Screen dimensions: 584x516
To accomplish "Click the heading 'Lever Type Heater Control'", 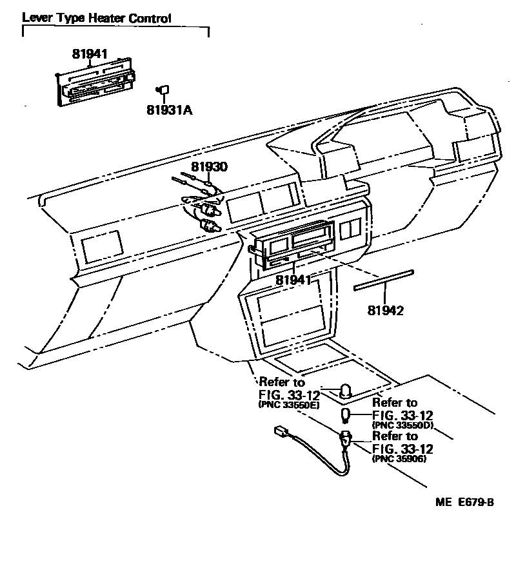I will coord(97,18).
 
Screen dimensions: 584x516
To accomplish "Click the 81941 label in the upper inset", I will coord(90,55).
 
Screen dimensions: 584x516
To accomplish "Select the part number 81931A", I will coord(169,110).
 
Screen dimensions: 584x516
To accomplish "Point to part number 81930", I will coord(209,167).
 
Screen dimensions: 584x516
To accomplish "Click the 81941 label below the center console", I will coord(293,280).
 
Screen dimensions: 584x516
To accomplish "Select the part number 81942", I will coord(386,311).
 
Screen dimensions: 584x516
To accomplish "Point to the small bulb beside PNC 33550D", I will coord(347,414).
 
